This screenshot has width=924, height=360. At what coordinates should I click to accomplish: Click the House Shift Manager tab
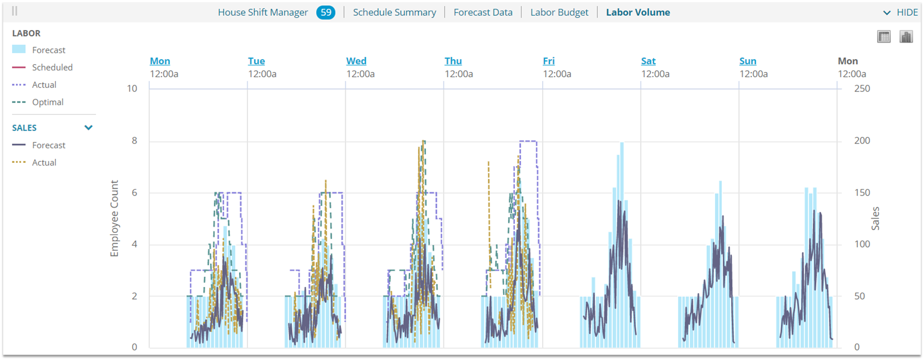click(263, 12)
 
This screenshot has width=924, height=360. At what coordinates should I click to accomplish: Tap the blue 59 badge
click(326, 12)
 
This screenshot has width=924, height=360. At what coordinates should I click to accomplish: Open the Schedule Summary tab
click(394, 12)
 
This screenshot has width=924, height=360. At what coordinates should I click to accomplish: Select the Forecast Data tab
click(483, 12)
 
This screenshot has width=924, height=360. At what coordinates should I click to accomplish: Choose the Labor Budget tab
click(559, 12)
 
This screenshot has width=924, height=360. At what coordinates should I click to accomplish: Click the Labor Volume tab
click(638, 12)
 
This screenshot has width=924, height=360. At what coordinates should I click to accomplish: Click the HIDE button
click(900, 12)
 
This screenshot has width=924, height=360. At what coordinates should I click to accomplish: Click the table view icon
click(884, 37)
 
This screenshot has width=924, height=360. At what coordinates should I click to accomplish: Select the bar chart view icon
click(906, 37)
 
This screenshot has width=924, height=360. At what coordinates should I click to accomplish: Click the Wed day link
click(356, 61)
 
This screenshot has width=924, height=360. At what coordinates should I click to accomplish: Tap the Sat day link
click(648, 61)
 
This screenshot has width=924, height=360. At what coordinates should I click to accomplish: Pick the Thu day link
click(453, 61)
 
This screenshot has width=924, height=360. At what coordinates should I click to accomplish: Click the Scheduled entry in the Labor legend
click(52, 67)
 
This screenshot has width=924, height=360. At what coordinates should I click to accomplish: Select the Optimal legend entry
click(47, 102)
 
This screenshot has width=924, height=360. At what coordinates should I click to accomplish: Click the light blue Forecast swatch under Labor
click(19, 49)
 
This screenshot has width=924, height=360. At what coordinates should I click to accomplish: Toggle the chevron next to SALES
click(88, 128)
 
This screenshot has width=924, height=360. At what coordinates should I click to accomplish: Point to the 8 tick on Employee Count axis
click(134, 140)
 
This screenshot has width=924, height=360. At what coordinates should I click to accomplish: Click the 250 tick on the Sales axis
click(862, 88)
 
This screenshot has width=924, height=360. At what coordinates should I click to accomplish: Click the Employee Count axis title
click(115, 218)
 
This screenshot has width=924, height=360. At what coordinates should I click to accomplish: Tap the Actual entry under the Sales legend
click(44, 162)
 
